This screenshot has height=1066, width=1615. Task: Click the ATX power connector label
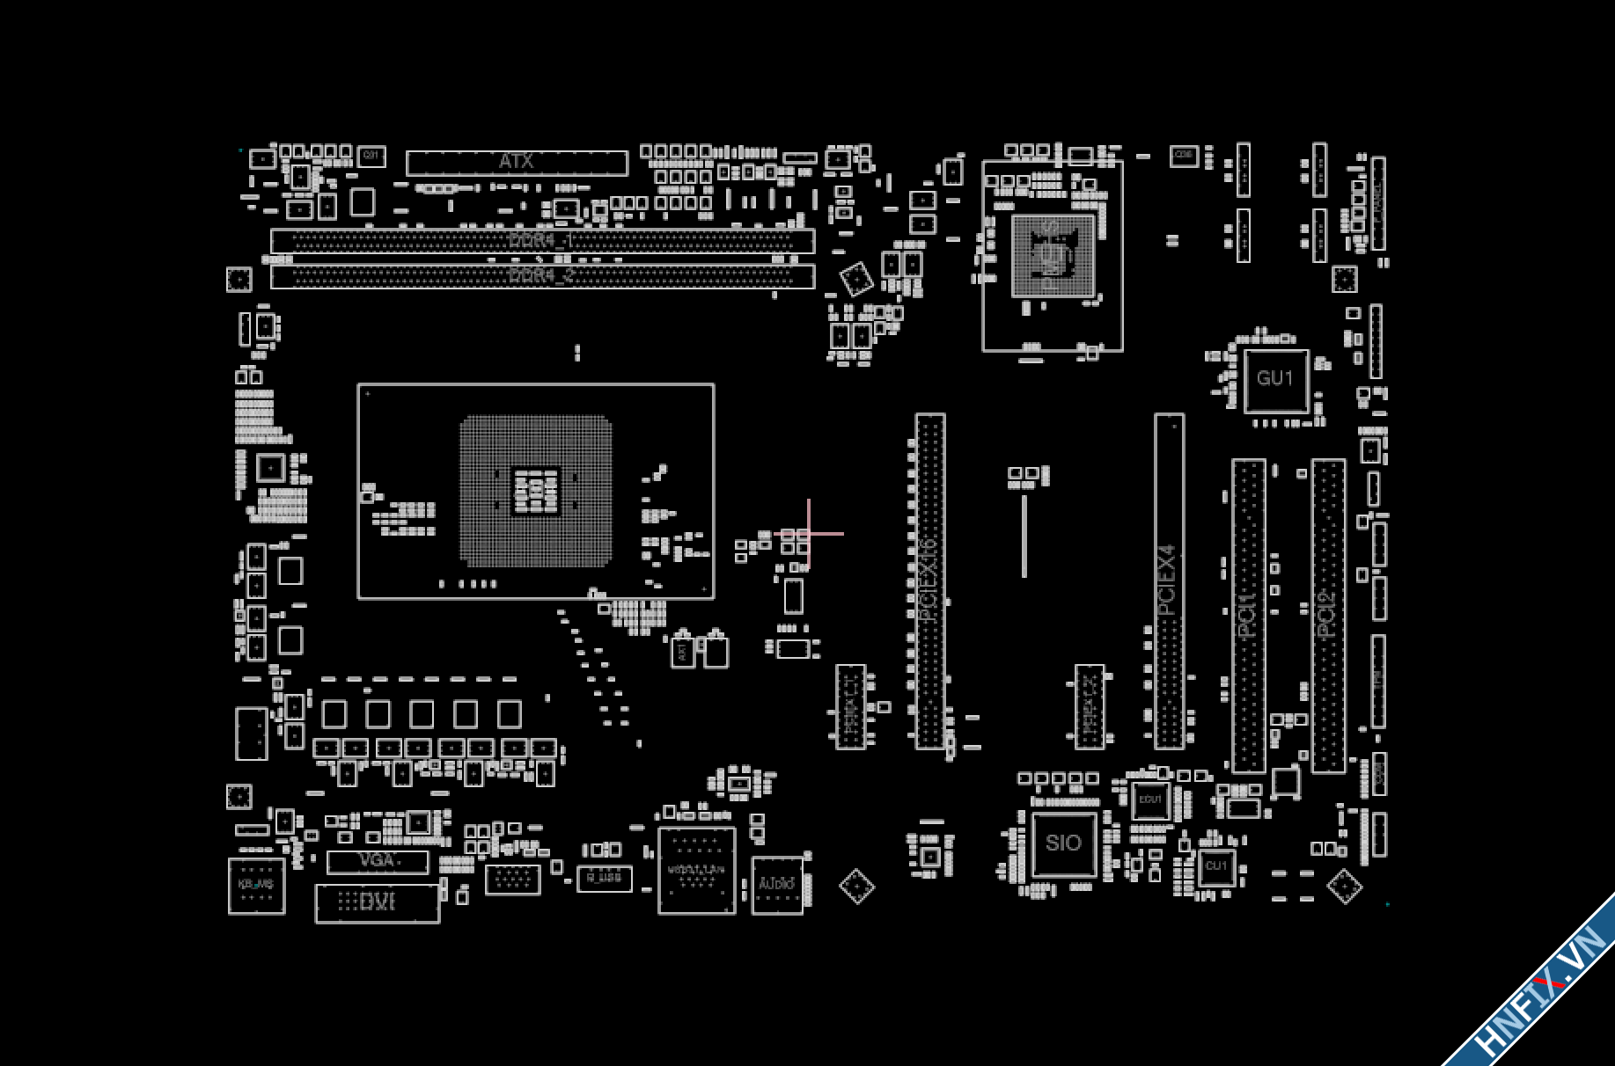pos(517,162)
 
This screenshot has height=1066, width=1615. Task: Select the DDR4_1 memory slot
pos(542,240)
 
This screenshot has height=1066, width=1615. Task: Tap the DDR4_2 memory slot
pos(542,275)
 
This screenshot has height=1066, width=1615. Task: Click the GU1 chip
pos(1275,379)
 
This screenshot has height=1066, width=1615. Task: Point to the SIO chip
pos(1064,843)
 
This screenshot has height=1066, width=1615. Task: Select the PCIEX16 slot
pos(929,580)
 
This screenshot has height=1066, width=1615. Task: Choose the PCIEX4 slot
pos(1168,580)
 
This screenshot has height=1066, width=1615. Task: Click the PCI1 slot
pos(1248,616)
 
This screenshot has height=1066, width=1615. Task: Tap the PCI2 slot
pos(1328,616)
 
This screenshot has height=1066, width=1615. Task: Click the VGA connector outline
pos(378,861)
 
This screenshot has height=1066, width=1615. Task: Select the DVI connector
pos(378,902)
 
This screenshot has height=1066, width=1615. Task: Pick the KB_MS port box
pos(256,886)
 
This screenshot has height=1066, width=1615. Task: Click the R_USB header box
pos(604,878)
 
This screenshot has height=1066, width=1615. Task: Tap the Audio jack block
pos(777,885)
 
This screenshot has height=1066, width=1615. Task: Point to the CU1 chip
pos(1216,866)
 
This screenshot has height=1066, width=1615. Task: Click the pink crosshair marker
pos(809,534)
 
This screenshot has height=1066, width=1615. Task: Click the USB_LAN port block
pos(696,871)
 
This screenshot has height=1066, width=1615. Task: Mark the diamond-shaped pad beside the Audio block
pos(856,887)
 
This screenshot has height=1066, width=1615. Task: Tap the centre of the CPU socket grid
pos(535,491)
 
